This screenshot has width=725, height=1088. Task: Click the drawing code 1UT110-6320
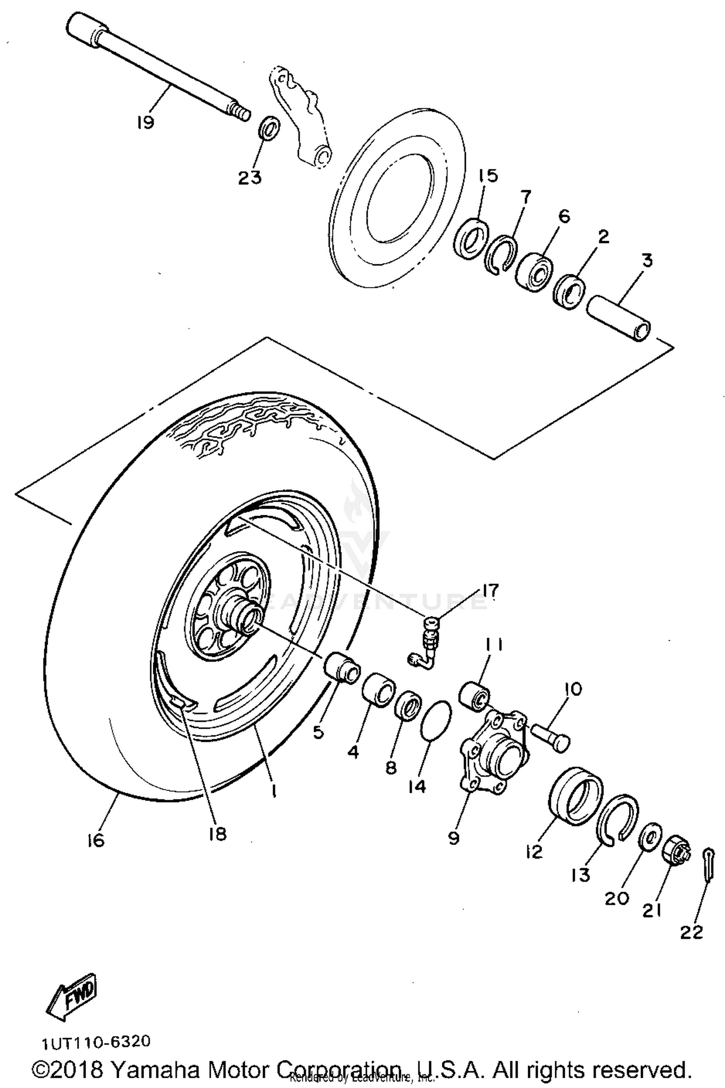tap(97, 1042)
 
